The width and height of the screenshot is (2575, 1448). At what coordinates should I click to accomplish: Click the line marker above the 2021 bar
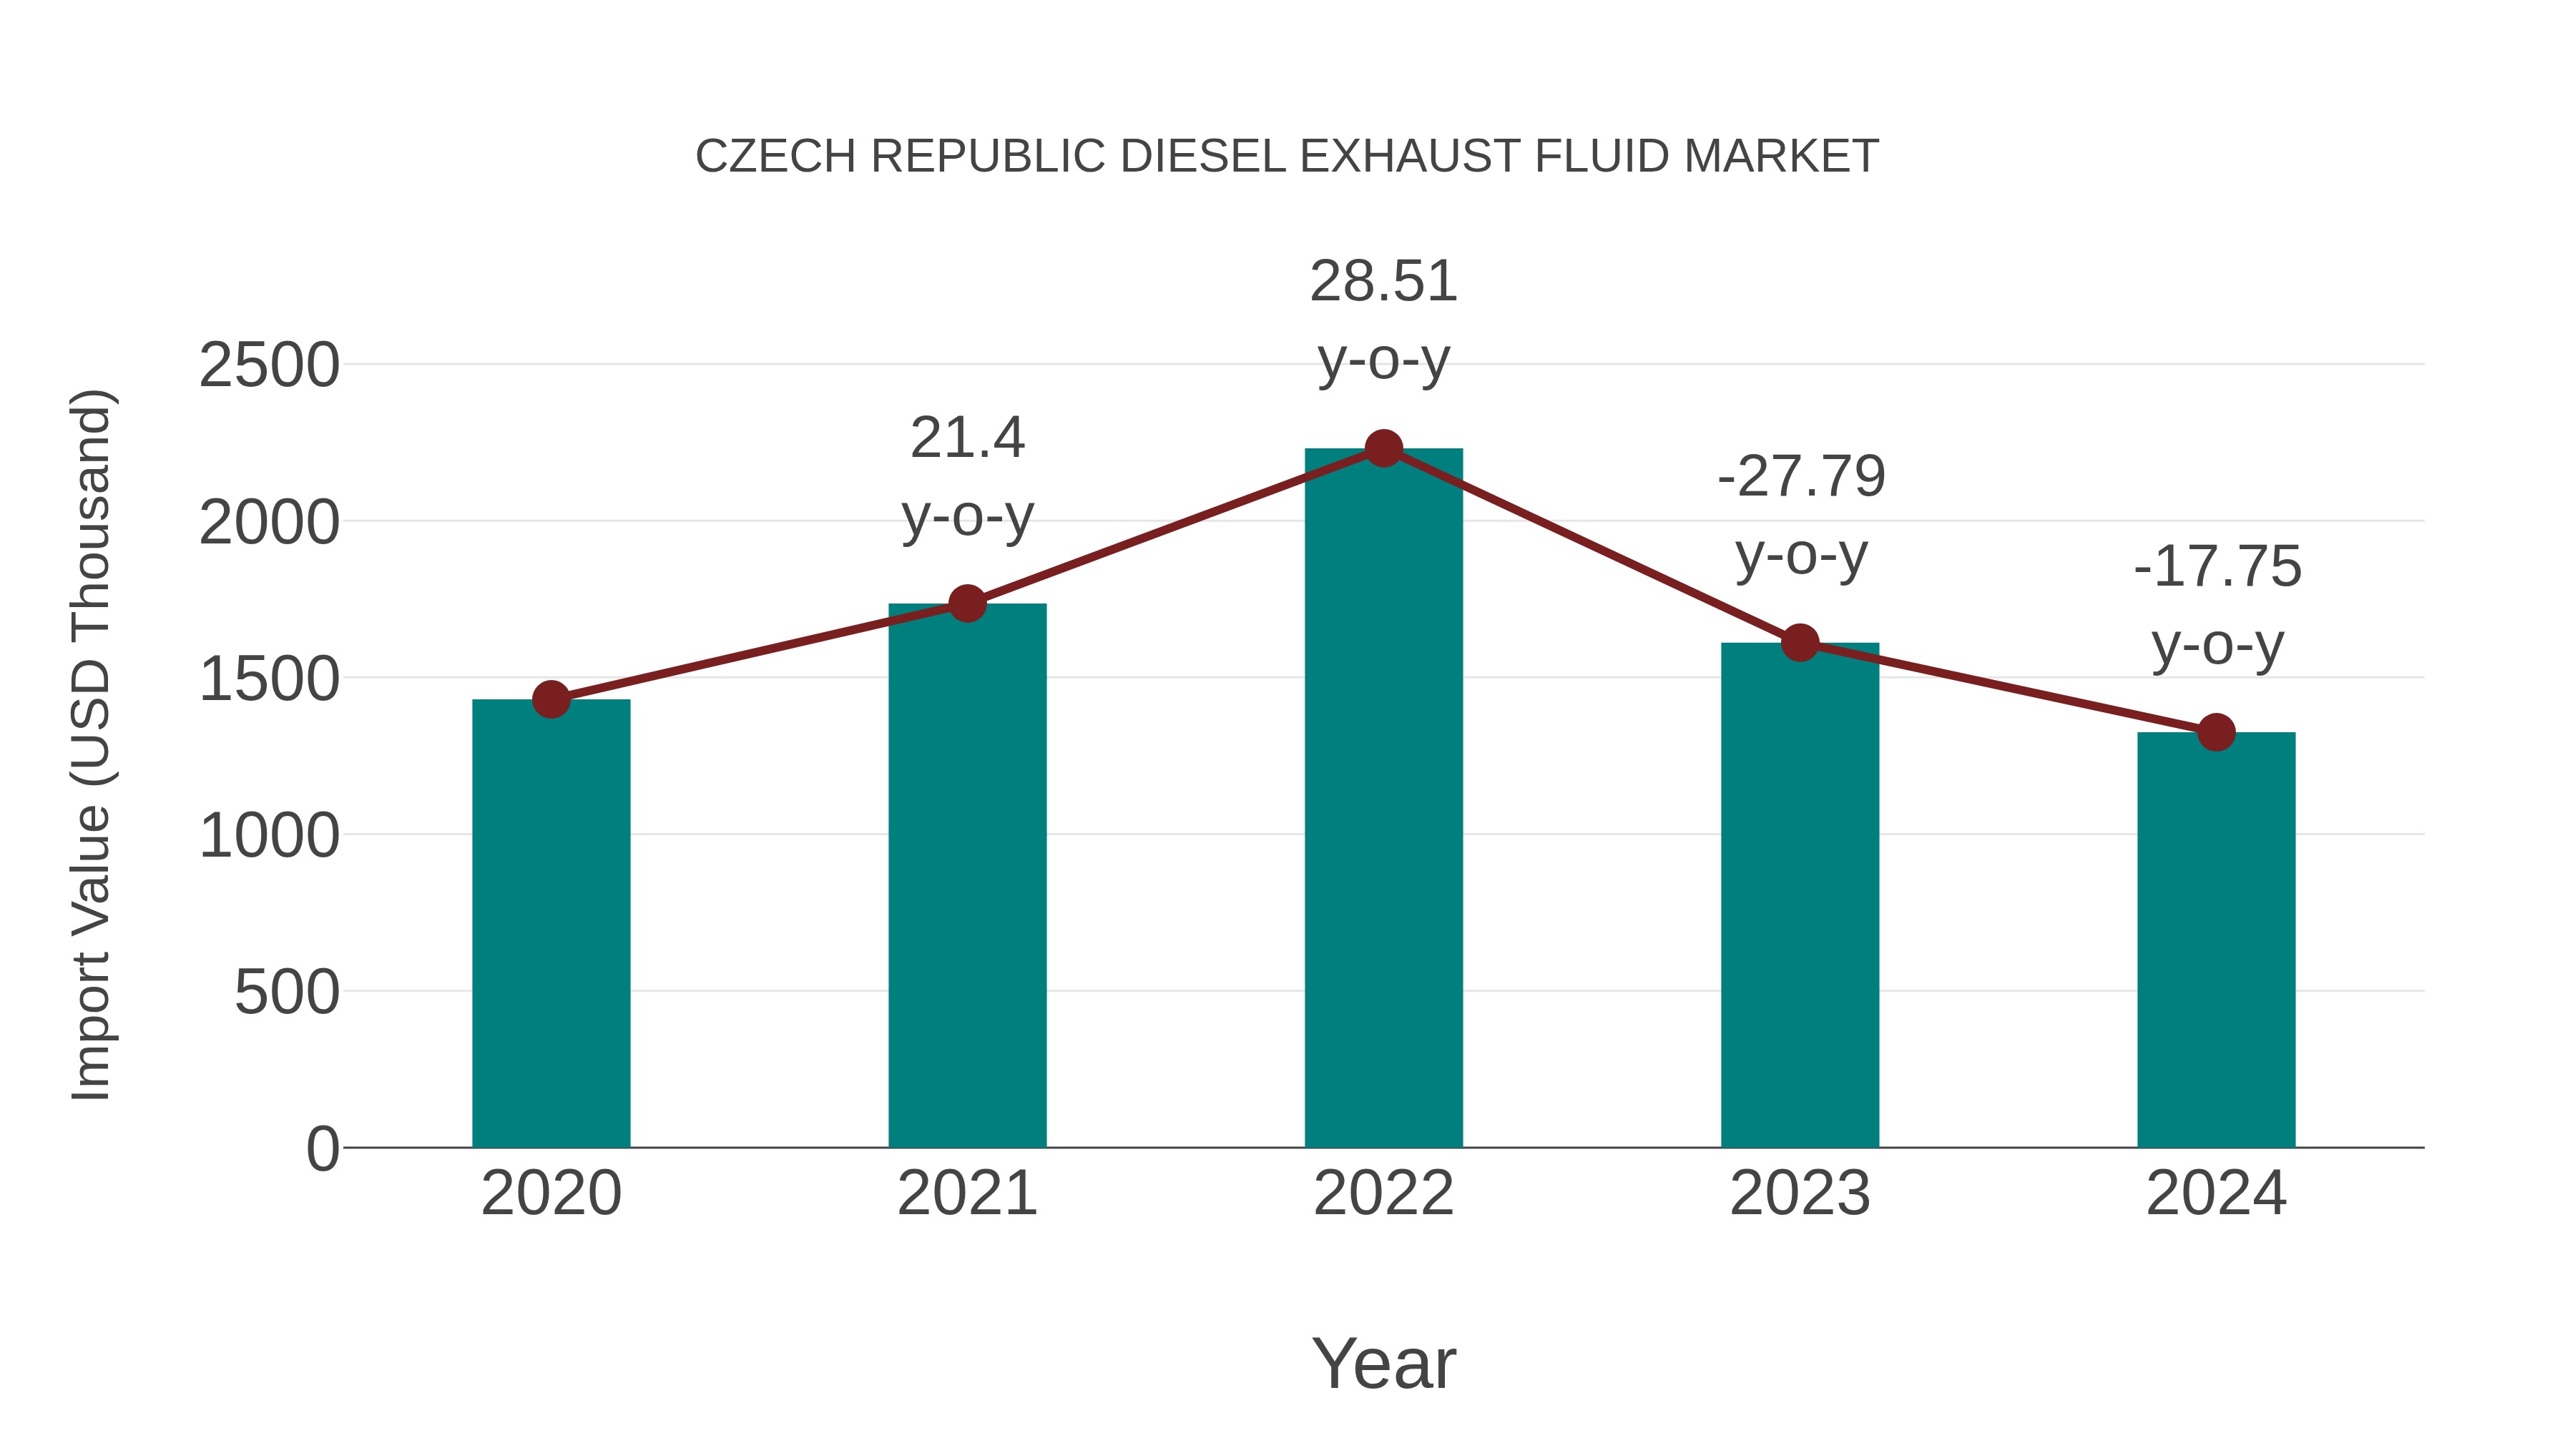pos(966,604)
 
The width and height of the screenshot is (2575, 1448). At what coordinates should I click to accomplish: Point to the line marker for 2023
pos(1800,643)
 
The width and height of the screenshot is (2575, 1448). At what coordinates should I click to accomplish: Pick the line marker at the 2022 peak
pos(1383,448)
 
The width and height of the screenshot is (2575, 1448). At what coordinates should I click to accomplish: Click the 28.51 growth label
pos(1383,281)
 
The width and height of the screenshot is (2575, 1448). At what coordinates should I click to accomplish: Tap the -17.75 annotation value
pos(2217,566)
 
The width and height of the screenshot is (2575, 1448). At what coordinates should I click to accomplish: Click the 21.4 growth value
pos(966,438)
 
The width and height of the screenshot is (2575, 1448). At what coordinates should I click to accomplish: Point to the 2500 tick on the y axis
pos(269,365)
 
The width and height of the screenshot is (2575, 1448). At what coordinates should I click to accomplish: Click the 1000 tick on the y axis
pos(269,835)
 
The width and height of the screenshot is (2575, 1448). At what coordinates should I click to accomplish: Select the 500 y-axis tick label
pos(286,993)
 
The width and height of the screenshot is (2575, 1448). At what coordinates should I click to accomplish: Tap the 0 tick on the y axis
pos(322,1148)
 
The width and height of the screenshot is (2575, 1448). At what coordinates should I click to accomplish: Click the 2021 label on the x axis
pos(966,1193)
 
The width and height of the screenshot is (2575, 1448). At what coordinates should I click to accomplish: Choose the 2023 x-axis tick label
pos(1800,1193)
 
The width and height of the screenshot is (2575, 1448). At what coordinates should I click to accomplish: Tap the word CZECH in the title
pos(775,157)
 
